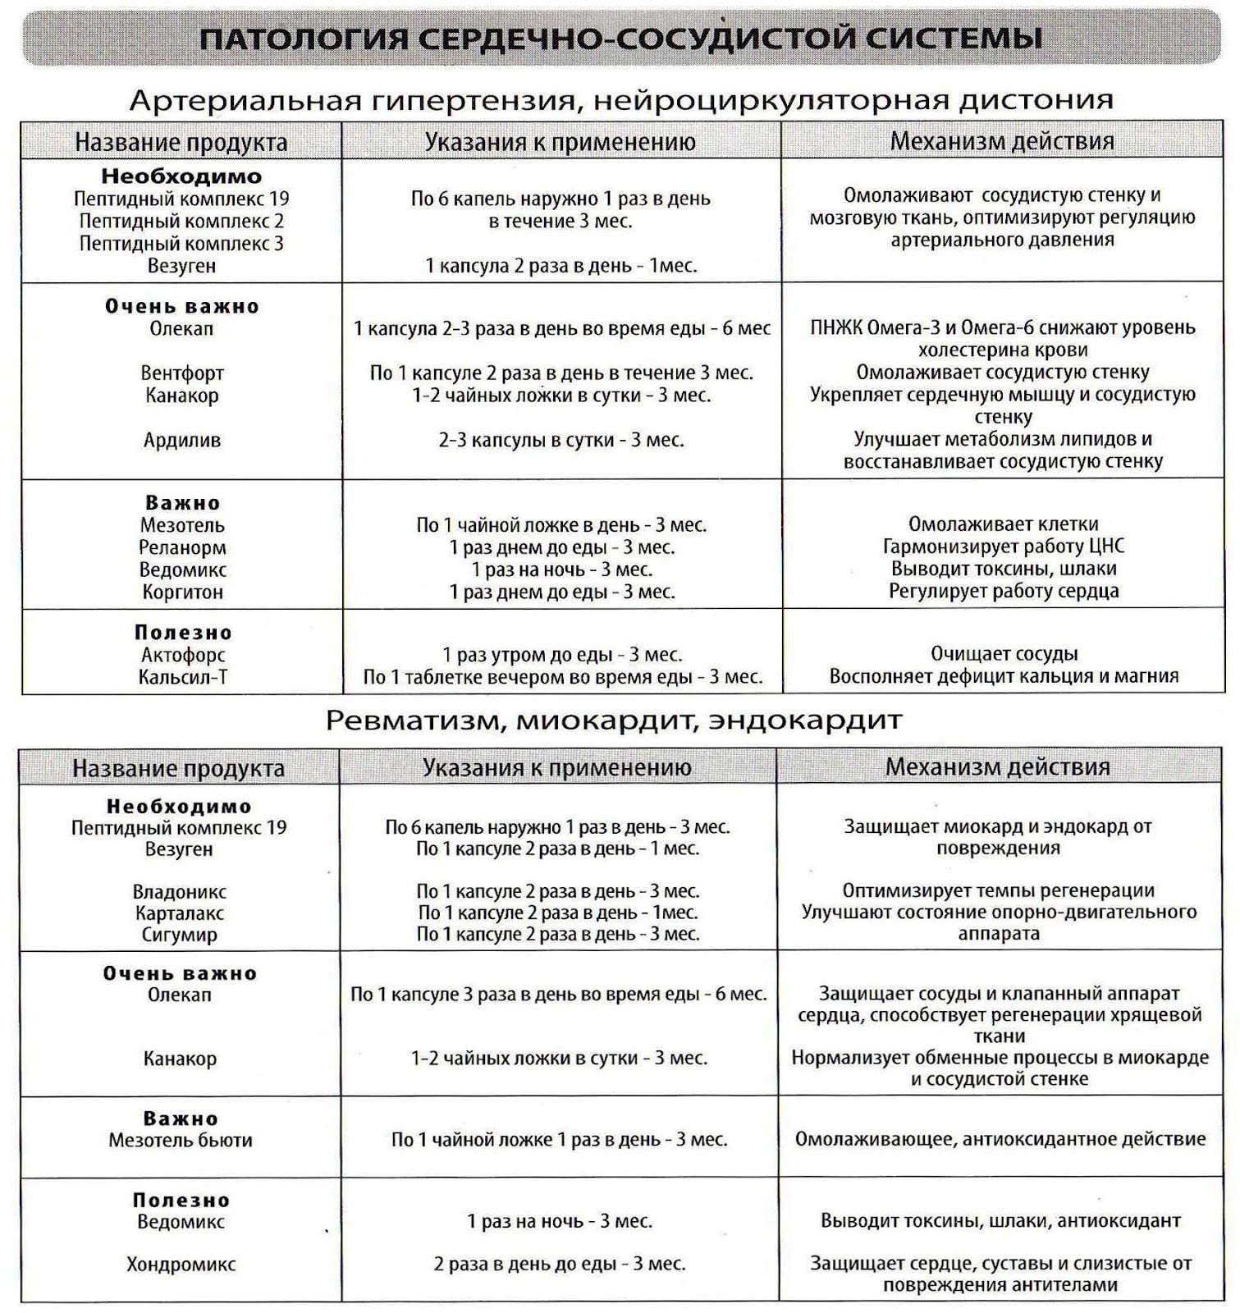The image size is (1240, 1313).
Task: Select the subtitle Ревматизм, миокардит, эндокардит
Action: [x=614, y=721]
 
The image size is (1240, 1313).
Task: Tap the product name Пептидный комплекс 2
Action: [x=181, y=221]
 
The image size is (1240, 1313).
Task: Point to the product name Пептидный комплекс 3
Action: [x=181, y=244]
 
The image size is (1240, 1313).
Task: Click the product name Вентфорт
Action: [x=182, y=373]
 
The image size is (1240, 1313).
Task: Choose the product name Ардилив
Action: [x=182, y=441]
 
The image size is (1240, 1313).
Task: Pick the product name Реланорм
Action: [x=182, y=547]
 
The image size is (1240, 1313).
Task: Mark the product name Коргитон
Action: [x=182, y=592]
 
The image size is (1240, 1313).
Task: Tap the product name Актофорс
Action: [x=182, y=655]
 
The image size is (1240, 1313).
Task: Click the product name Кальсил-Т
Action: [x=182, y=678]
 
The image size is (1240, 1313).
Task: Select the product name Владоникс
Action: [x=180, y=892]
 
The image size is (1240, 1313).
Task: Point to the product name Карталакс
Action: [x=180, y=913]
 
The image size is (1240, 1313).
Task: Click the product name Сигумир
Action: [x=180, y=935]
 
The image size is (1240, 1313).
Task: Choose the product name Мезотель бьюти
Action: [x=181, y=1140]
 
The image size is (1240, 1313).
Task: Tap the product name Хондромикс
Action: [x=181, y=1265]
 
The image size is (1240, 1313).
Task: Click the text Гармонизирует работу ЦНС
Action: [x=1003, y=547]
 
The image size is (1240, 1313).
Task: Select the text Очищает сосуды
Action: [x=1004, y=654]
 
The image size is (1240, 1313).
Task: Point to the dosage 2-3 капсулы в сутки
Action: [x=561, y=441]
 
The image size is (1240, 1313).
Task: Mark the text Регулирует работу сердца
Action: [x=1003, y=591]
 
